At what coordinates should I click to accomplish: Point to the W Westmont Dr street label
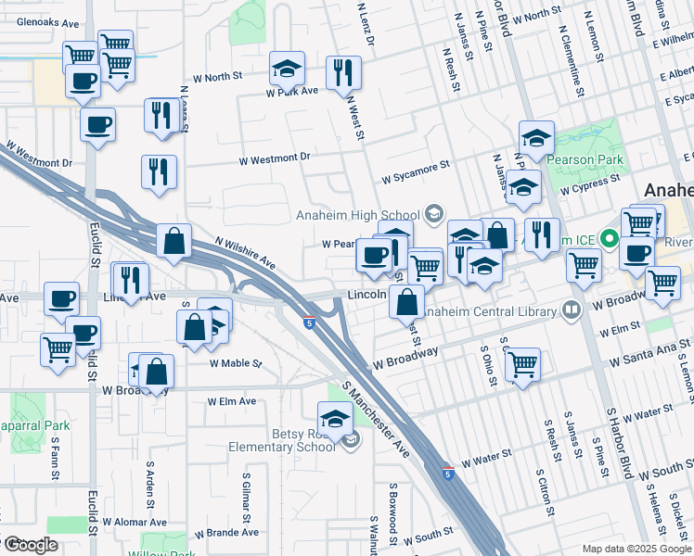[x=274, y=158]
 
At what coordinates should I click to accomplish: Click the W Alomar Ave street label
[x=135, y=523]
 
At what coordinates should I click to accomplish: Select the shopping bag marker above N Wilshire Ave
[x=173, y=242]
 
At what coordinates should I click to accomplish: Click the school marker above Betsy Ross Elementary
[x=335, y=417]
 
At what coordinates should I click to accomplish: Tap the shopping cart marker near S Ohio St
[x=523, y=363]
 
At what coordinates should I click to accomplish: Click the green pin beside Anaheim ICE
[x=610, y=239]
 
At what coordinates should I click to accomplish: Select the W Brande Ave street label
[x=226, y=533]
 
